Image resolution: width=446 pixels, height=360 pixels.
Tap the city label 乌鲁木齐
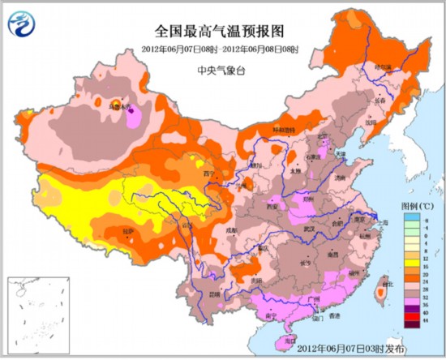[120, 105]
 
